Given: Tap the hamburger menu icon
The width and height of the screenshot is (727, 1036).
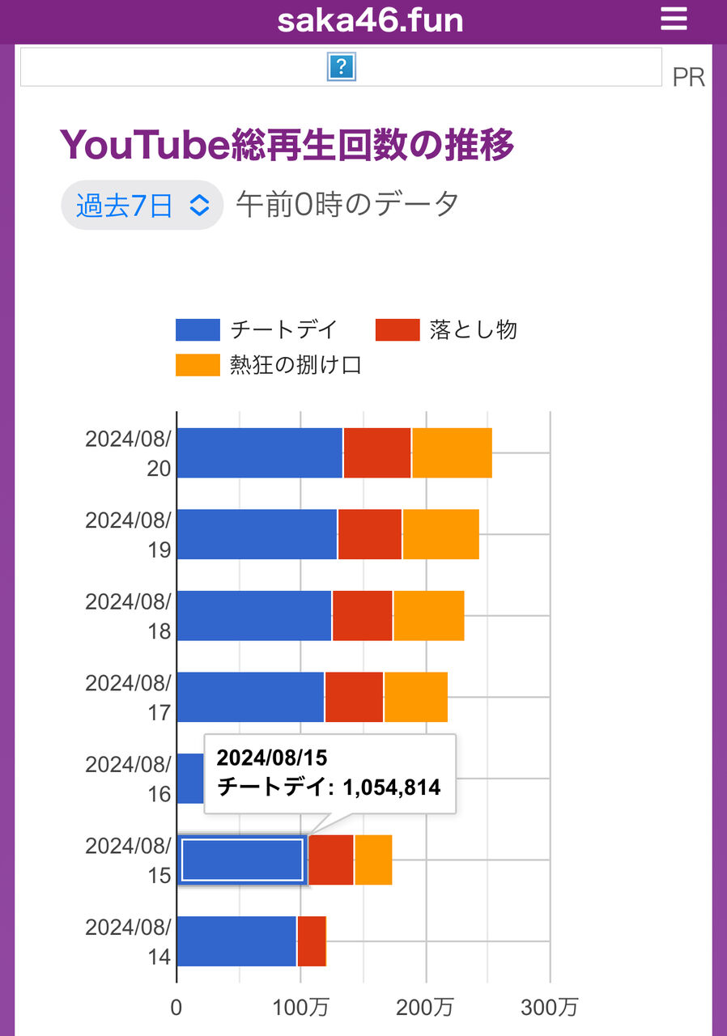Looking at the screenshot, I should [x=674, y=19].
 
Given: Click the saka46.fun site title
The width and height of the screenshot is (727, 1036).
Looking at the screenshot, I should [x=370, y=20].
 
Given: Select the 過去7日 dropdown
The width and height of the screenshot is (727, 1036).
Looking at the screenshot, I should [x=142, y=205].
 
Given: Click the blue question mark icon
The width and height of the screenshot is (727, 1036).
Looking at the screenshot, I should [x=342, y=67].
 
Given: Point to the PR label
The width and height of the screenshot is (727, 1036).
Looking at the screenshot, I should [x=688, y=77].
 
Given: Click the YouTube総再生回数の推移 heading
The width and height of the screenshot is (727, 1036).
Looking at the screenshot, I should [x=287, y=146].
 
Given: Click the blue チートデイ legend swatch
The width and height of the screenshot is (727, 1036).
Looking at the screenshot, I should [x=198, y=330].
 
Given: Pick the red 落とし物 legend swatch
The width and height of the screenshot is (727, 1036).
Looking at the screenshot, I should [x=398, y=330].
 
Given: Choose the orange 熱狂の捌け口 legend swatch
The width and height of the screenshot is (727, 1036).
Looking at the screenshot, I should [x=198, y=366].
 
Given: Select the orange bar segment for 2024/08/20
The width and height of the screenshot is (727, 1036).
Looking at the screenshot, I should [x=452, y=453].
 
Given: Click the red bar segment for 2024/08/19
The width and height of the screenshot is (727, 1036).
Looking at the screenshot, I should [x=370, y=534].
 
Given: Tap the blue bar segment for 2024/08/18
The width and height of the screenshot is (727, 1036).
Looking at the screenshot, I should [x=254, y=616].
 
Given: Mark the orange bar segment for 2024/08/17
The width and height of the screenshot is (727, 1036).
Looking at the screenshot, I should [x=416, y=697].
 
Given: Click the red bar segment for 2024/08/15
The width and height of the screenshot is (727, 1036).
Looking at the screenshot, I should [x=331, y=860].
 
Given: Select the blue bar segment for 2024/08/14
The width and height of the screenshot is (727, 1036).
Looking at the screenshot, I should [x=236, y=941].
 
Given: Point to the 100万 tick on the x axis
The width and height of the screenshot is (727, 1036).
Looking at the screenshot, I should [x=301, y=1008].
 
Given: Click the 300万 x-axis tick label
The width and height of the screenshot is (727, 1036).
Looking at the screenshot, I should [x=550, y=1008].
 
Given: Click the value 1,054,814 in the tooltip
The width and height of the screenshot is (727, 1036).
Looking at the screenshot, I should [x=391, y=787].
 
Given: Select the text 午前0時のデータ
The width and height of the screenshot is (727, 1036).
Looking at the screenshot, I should [x=348, y=205].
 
